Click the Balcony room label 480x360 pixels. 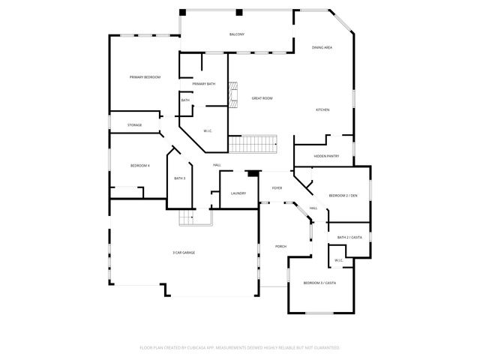click(237, 34)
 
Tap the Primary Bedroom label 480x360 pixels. click(145, 77)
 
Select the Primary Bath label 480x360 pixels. click(203, 84)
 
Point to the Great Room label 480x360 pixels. click(262, 98)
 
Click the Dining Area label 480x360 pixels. click(322, 47)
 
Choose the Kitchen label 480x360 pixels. click(322, 110)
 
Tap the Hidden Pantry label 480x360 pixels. click(326, 156)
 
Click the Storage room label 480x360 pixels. click(134, 124)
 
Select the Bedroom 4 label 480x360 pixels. click(139, 165)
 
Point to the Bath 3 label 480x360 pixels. click(179, 178)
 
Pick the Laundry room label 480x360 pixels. click(238, 193)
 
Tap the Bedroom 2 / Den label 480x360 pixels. click(343, 196)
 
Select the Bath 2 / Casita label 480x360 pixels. click(349, 237)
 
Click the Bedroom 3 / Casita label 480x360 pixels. click(319, 283)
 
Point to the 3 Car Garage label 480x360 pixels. click(184, 253)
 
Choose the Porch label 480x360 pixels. click(280, 246)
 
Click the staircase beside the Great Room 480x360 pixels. click(253, 142)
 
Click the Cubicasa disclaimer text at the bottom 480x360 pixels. click(240, 348)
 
